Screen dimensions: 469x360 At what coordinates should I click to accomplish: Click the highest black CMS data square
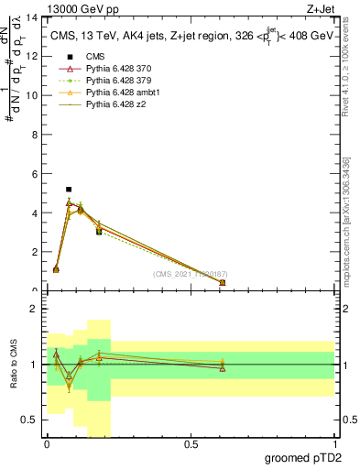[69, 189]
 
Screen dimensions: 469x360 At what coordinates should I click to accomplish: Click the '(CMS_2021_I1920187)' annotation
[191, 274]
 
